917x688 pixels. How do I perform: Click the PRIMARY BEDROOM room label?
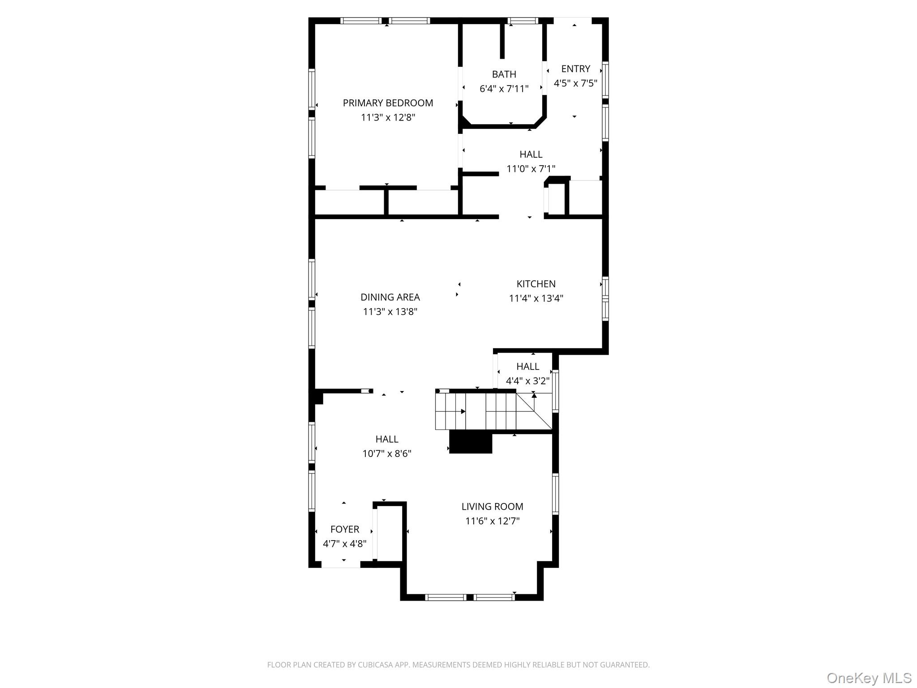(x=388, y=103)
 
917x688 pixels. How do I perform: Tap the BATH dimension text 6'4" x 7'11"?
(x=504, y=89)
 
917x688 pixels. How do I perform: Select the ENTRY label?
(x=576, y=69)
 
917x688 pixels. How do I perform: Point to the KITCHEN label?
(x=536, y=284)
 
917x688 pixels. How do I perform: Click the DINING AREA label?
(x=390, y=297)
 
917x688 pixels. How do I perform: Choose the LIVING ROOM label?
(x=492, y=507)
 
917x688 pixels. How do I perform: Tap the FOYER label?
(x=345, y=529)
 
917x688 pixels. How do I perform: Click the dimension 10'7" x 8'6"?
(x=387, y=454)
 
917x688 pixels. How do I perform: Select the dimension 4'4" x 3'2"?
(x=528, y=381)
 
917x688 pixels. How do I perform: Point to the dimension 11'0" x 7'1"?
(x=531, y=169)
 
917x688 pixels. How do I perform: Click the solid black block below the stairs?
(x=471, y=443)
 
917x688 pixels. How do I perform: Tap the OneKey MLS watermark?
(x=869, y=678)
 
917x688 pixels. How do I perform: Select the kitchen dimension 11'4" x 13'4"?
(x=536, y=298)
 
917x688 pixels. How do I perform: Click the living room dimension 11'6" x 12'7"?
(x=492, y=521)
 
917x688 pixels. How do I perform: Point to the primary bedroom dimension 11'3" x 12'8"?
(x=388, y=118)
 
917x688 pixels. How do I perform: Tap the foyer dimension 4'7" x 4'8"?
(x=345, y=544)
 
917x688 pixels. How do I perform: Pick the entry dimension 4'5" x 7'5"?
(x=576, y=83)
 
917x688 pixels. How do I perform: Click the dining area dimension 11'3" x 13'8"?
(x=390, y=312)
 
